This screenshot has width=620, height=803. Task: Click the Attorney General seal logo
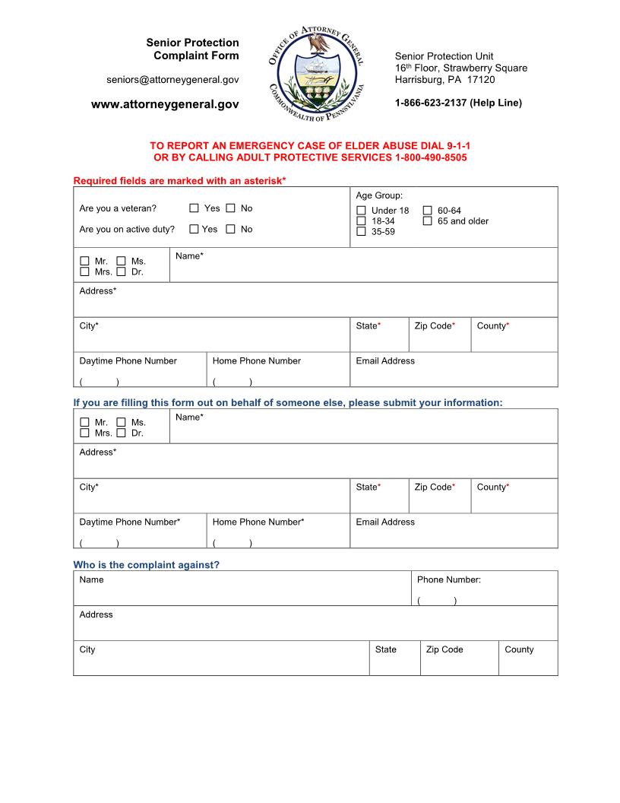[318, 76]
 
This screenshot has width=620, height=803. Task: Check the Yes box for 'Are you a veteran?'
[194, 208]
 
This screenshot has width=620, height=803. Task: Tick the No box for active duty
[230, 229]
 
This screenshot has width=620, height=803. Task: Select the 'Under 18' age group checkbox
[361, 211]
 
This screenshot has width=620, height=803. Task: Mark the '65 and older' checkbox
[428, 221]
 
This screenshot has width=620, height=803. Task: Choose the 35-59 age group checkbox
[361, 231]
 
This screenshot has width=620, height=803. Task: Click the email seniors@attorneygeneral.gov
[172, 80]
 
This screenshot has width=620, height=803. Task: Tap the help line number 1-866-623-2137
[458, 103]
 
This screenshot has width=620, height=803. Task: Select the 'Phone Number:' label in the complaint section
[448, 579]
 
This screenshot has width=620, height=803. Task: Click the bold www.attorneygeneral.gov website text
[165, 104]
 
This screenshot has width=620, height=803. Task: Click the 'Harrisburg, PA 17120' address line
[444, 79]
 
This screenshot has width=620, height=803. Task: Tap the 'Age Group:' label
[379, 195]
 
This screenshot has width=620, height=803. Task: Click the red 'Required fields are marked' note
[179, 180]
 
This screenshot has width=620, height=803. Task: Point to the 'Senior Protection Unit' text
[444, 56]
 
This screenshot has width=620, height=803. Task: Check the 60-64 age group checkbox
[428, 211]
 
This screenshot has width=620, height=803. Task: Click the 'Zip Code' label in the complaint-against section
[444, 649]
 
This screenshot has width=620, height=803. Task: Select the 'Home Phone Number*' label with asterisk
[258, 522]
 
